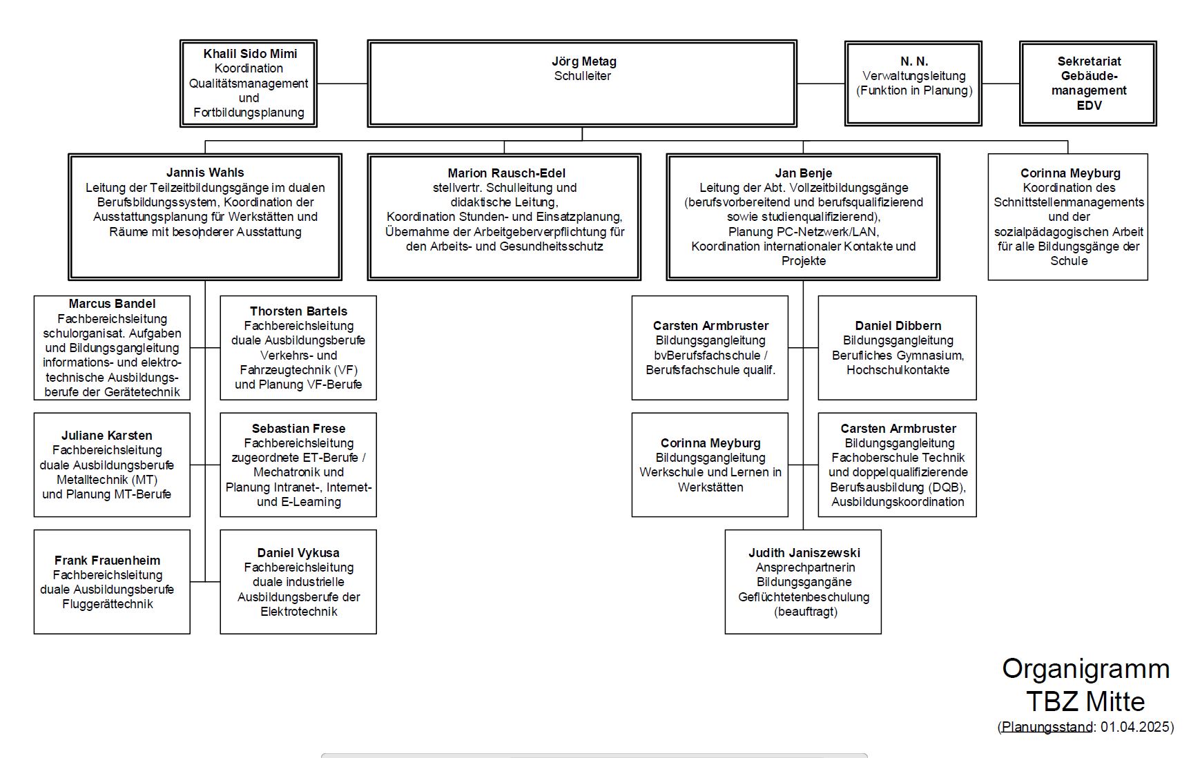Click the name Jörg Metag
click(x=583, y=61)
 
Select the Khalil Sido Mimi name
click(x=250, y=54)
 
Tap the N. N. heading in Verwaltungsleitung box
click(x=914, y=61)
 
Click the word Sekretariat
click(x=1089, y=61)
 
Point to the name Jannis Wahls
click(x=205, y=173)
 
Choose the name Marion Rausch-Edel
click(x=506, y=173)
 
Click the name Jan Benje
click(x=803, y=173)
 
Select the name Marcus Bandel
click(x=112, y=304)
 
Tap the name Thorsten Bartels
click(x=298, y=311)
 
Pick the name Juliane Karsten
click(x=106, y=436)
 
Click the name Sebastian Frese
click(x=298, y=429)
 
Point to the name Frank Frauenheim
click(x=107, y=561)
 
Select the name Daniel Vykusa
click(x=298, y=553)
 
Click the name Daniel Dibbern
click(x=898, y=326)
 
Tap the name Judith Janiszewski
click(x=804, y=553)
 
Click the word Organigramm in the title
click(x=1086, y=669)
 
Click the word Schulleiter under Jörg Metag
click(x=583, y=76)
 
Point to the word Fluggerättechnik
click(x=108, y=605)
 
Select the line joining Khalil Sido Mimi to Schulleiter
click(x=342, y=84)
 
